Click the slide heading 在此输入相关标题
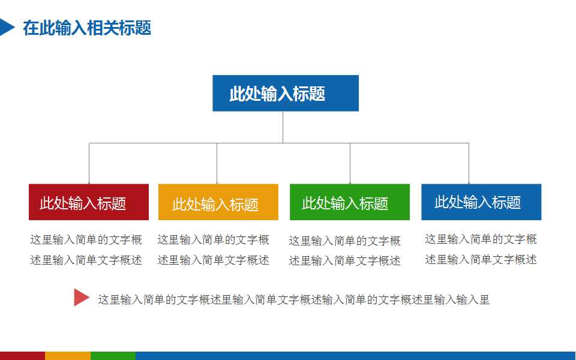(87, 28)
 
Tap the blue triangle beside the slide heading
(6, 27)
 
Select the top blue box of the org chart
(286, 93)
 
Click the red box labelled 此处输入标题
(89, 202)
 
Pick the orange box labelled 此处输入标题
(218, 202)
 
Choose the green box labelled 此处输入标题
(350, 202)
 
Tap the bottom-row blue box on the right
(481, 202)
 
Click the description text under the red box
(86, 250)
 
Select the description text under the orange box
(214, 250)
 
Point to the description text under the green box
(345, 251)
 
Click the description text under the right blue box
(481, 250)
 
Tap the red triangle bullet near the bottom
(81, 298)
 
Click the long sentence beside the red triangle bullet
(294, 300)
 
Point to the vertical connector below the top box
(283, 127)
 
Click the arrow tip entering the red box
(89, 182)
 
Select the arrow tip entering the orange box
(217, 182)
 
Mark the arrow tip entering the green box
(350, 182)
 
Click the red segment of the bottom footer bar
(22, 356)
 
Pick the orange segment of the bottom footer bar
(68, 356)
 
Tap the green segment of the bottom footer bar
(113, 356)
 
